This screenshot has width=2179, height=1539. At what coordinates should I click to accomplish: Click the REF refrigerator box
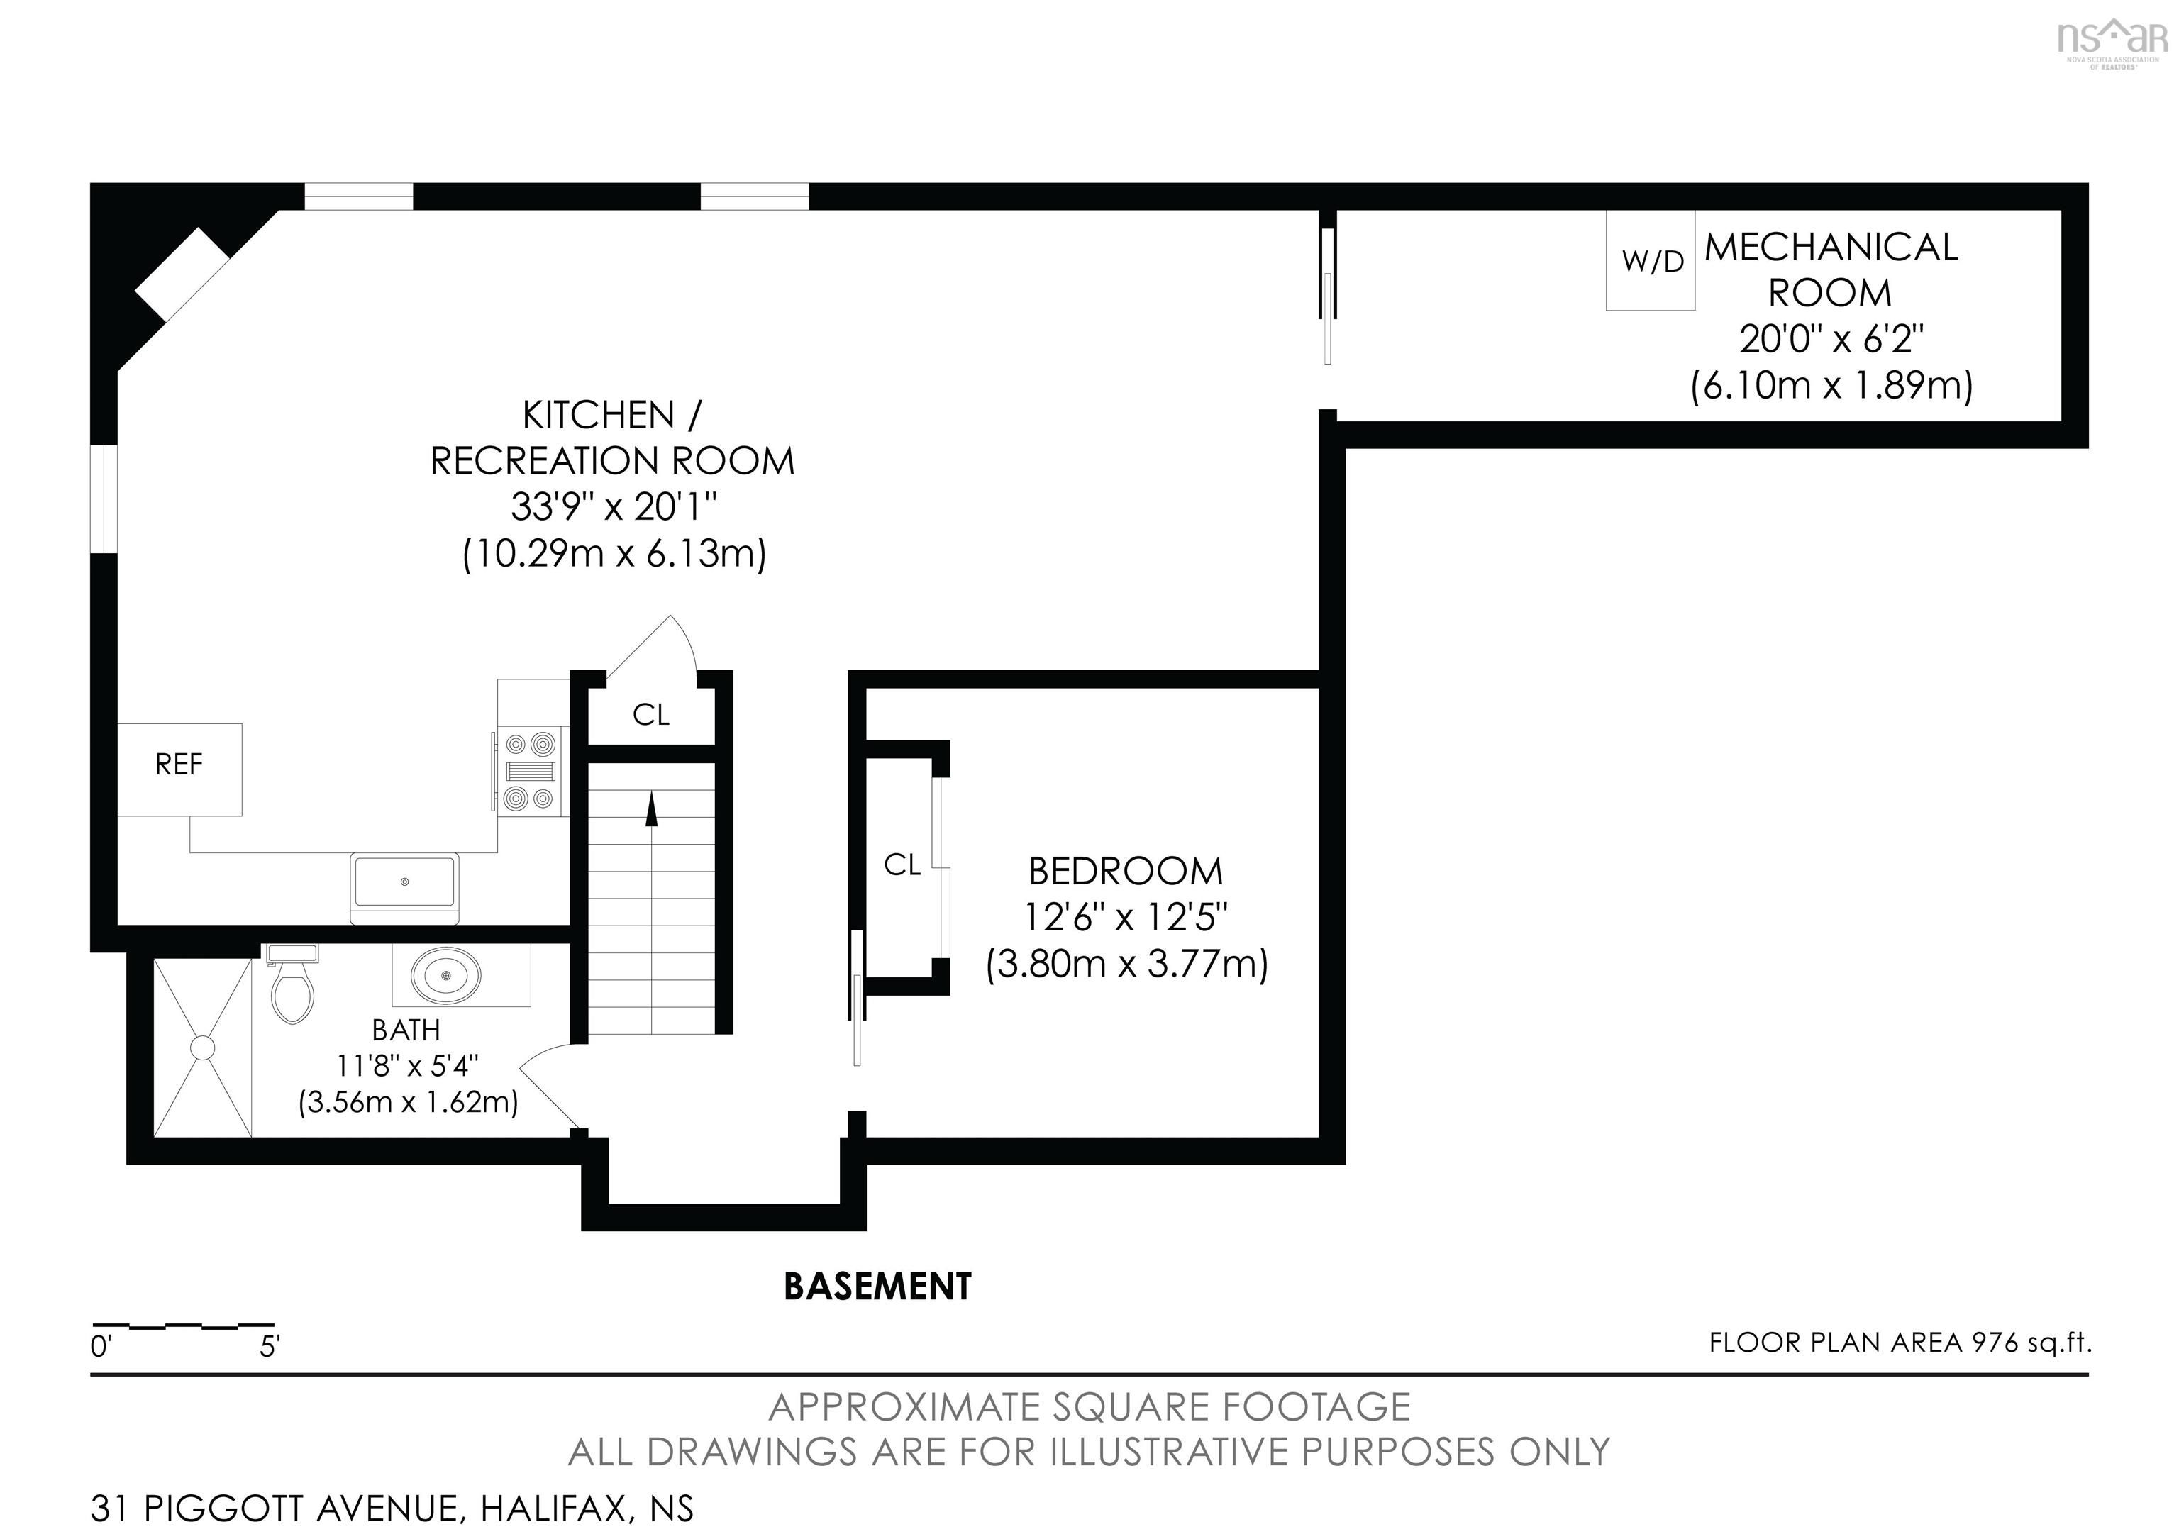179,769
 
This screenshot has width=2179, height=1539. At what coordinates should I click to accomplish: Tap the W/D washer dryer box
1651,261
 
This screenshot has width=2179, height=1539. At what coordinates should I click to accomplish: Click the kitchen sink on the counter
404,882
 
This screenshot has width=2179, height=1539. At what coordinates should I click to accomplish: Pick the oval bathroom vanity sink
445,974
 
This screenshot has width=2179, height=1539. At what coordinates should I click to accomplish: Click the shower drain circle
203,1048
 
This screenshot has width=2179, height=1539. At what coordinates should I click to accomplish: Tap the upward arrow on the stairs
651,809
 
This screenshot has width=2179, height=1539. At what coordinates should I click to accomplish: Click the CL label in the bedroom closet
902,865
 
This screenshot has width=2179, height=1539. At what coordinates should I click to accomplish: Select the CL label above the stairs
651,714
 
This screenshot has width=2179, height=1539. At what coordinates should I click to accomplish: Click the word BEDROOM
1126,871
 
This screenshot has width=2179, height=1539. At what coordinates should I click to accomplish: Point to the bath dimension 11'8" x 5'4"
407,1067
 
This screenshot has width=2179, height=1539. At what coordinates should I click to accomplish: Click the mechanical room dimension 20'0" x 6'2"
1831,339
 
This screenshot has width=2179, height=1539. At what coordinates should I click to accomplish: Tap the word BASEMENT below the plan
877,1287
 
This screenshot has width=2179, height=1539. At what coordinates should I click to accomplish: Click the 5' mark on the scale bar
270,1346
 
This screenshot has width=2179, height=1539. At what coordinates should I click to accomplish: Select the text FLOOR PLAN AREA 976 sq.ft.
1899,1343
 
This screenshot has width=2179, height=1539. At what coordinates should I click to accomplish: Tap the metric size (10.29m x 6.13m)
614,553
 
